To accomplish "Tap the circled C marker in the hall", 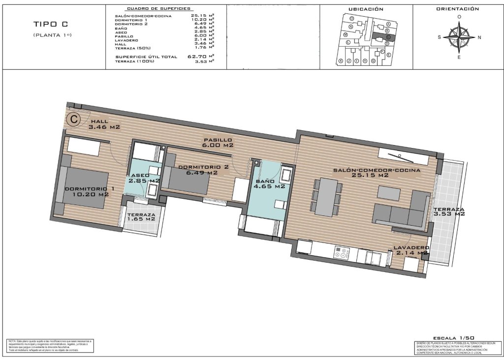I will point(74,119).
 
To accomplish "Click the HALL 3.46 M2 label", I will point(104,124).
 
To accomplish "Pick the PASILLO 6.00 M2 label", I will point(218,143).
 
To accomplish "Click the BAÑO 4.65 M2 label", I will point(270,183).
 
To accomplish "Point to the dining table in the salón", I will point(326,197).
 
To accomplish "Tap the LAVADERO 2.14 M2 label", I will point(411,250).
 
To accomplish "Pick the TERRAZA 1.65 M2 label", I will point(141,217).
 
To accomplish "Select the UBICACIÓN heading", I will point(366,9).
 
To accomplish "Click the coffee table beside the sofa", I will point(389,193).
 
